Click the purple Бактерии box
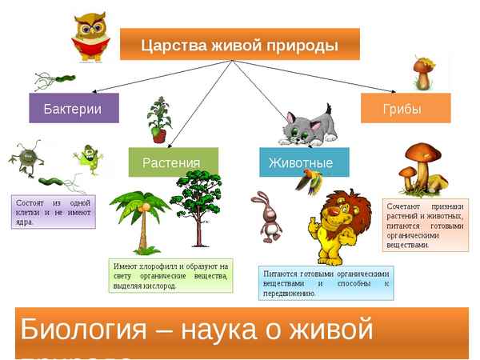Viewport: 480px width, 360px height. pyautogui.click(x=74, y=108)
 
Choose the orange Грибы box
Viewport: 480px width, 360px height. pyautogui.click(x=405, y=108)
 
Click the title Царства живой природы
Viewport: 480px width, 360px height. pyautogui.click(x=239, y=44)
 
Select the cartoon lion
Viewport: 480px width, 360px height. pyautogui.click(x=335, y=229)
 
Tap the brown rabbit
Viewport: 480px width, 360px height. pyautogui.click(x=266, y=216)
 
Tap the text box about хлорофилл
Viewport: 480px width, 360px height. pyautogui.click(x=170, y=275)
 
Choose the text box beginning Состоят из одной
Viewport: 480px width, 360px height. pyautogui.click(x=54, y=211)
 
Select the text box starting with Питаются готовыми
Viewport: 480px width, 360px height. pyautogui.click(x=326, y=283)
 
